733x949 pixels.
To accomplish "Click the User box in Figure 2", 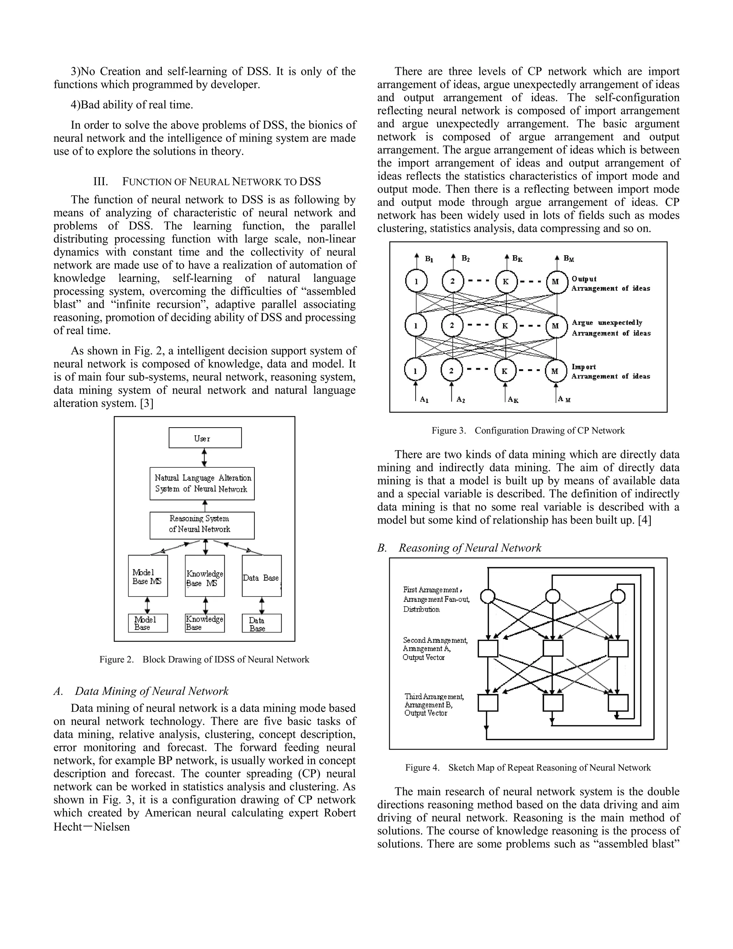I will [x=205, y=438].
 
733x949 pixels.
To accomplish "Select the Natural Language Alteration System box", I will [x=202, y=483].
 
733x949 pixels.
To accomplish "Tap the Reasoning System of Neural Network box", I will [x=202, y=525].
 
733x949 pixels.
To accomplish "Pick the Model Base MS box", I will [x=148, y=576].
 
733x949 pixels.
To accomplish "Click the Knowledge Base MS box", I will [x=204, y=576].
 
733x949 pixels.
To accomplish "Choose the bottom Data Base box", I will [x=261, y=623].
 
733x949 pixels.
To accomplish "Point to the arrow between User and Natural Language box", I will [x=204, y=458].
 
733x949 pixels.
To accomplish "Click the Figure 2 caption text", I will [x=204, y=659].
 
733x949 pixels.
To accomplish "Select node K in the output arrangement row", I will [x=506, y=281].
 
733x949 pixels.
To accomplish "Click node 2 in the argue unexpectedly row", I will [x=452, y=326].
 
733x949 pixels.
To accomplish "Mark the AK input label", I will [x=513, y=400].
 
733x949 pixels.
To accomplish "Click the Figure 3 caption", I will [x=528, y=430].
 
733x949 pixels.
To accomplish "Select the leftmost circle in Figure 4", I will [x=488, y=596].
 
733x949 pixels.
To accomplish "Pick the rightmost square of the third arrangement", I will [x=618, y=703].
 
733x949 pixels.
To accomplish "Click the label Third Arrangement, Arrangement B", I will [x=434, y=705].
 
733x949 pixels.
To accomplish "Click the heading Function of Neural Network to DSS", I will [x=207, y=182].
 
